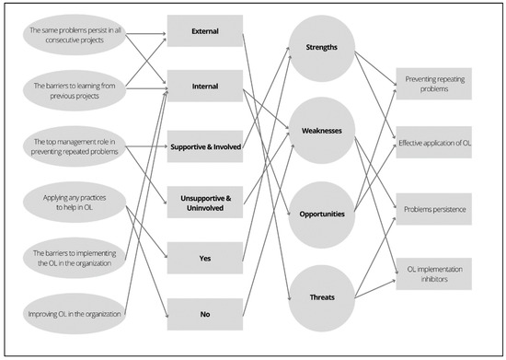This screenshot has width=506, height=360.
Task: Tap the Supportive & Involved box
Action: pos(205,145)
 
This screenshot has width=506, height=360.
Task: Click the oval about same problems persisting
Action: pos(79,36)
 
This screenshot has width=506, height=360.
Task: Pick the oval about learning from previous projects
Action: pos(79,89)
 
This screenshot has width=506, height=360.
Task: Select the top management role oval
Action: pos(79,145)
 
